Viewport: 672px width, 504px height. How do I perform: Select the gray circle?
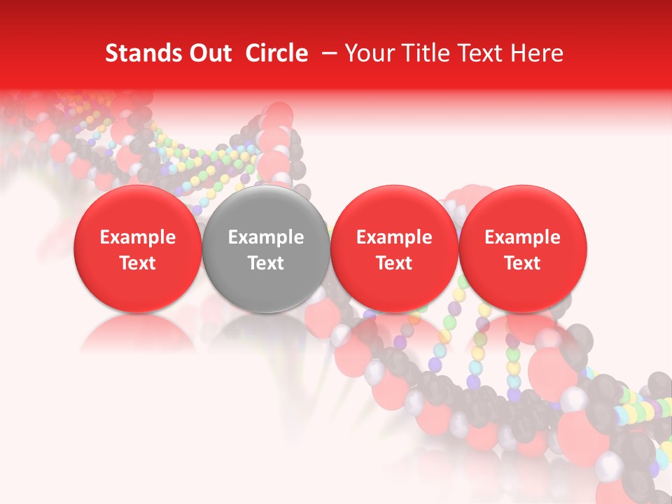266,249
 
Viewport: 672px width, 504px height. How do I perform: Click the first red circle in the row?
137,249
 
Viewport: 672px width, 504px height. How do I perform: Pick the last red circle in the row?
522,249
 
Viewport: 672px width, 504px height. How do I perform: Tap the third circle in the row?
394,249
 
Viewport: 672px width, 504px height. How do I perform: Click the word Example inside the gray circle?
266,237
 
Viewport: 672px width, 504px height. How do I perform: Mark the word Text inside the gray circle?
266,262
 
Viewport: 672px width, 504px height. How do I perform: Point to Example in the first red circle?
137,237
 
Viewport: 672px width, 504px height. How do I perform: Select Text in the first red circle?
137,262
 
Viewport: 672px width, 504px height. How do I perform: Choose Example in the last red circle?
522,237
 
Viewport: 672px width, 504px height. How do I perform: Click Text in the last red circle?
522,262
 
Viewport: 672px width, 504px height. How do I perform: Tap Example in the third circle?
394,237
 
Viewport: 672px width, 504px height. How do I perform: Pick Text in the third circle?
394,262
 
